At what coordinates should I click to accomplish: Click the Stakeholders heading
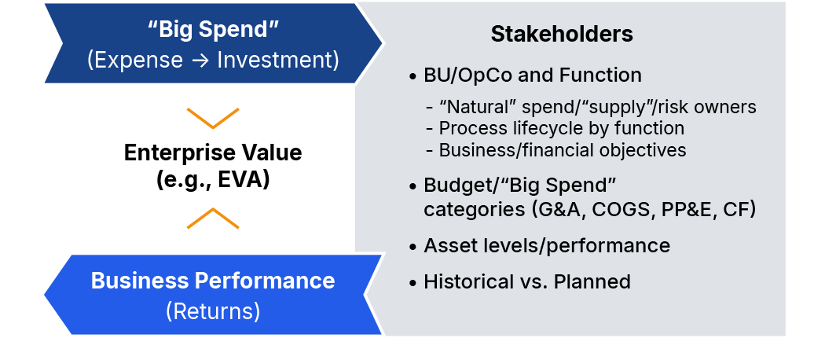tap(562, 35)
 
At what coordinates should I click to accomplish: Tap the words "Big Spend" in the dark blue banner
tap(213, 30)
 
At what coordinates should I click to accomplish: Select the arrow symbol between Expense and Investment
tap(200, 60)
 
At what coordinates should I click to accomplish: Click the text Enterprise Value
tap(213, 152)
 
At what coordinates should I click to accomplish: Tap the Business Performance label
tap(213, 281)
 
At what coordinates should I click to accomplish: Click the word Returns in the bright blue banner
tap(213, 311)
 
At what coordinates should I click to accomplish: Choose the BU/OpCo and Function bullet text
tap(533, 75)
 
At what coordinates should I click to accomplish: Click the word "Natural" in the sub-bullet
tap(476, 107)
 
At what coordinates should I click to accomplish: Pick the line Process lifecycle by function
tap(562, 128)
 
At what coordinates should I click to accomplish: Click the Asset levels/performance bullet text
tap(547, 246)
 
